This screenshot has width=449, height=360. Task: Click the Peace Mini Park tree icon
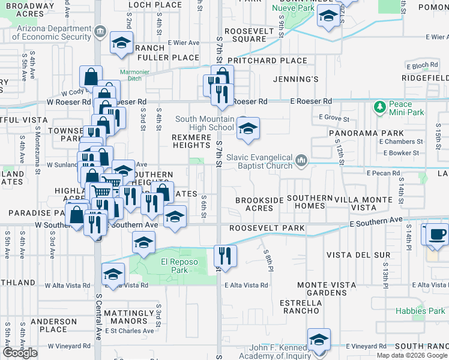(x=379, y=107)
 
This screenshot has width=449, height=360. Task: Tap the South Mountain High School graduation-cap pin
(x=247, y=129)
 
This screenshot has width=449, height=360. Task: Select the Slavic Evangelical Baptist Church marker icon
(x=301, y=160)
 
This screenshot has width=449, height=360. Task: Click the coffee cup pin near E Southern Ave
(x=437, y=234)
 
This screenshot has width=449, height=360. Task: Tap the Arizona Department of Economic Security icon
(x=99, y=32)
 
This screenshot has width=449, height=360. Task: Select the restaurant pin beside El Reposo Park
(x=225, y=255)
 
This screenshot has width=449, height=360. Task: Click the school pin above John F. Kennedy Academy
(x=319, y=339)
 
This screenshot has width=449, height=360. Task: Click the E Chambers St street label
(x=402, y=142)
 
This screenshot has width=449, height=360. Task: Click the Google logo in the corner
(x=20, y=353)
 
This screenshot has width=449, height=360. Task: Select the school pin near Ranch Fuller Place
(x=121, y=43)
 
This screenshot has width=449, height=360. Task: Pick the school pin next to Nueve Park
(x=328, y=17)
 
